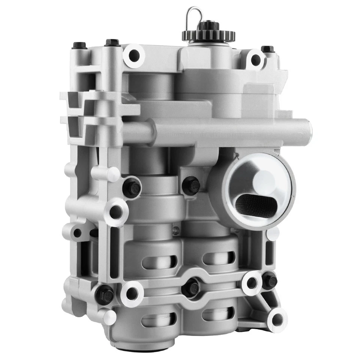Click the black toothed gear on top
(x=208, y=35)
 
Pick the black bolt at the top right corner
(x=267, y=49)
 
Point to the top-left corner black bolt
(x=79, y=46)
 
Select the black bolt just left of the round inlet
(x=191, y=185)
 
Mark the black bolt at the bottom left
(x=105, y=294)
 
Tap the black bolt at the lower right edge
(x=269, y=281)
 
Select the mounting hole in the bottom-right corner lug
(x=277, y=319)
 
